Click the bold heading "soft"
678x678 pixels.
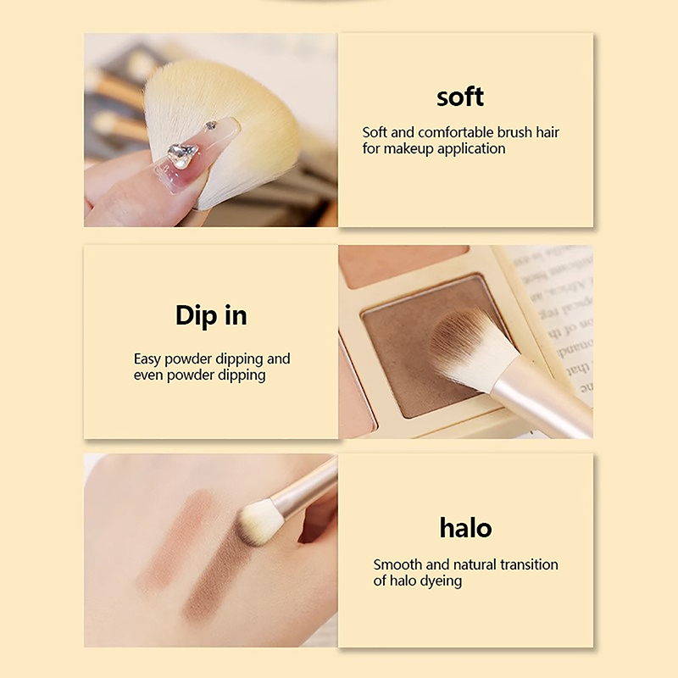tap(460, 97)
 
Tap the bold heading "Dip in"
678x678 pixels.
tap(211, 315)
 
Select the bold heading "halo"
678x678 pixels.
tap(465, 528)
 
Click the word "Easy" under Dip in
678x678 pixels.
tap(147, 359)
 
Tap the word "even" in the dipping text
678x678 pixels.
tap(148, 375)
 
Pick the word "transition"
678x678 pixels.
tap(529, 564)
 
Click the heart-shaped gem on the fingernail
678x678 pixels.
tap(181, 155)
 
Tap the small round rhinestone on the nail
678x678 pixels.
tap(210, 125)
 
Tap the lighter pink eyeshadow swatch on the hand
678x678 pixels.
tap(177, 541)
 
